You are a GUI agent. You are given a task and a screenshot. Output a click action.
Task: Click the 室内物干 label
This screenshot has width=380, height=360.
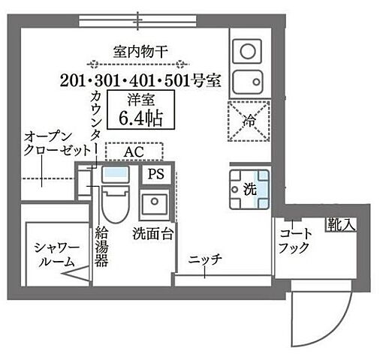click(x=140, y=52)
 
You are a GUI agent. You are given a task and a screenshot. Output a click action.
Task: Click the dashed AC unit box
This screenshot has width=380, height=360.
click(x=133, y=152)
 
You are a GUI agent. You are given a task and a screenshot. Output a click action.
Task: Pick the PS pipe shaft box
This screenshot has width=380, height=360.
click(x=155, y=175)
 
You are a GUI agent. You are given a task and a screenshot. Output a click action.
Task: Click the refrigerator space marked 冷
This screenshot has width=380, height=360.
click(x=249, y=119)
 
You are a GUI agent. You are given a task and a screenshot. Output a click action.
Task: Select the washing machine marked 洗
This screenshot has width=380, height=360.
click(x=249, y=190)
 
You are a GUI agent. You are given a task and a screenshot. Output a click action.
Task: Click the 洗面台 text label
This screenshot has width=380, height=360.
click(x=153, y=233)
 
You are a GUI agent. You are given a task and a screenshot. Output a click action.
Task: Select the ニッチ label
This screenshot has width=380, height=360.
click(x=204, y=259)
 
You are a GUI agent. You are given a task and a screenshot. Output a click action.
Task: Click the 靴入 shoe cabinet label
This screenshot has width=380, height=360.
click(x=337, y=223)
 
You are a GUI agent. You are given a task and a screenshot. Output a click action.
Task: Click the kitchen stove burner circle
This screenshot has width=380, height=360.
click(x=246, y=51)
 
